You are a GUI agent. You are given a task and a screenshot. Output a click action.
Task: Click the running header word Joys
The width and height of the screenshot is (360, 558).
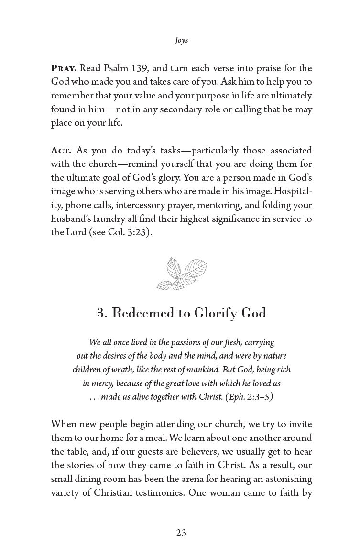[x=181, y=40]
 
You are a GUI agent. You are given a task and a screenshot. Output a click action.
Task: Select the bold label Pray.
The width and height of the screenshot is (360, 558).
[x=64, y=68]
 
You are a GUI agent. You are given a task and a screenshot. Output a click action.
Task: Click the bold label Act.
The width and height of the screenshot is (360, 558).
[x=61, y=151]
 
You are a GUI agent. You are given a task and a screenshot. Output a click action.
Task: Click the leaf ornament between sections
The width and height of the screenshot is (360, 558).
[x=181, y=273]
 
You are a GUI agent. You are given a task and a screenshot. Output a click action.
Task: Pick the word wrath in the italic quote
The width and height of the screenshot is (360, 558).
[x=117, y=370]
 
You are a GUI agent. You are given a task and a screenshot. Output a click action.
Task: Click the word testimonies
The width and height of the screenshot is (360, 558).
[x=156, y=492]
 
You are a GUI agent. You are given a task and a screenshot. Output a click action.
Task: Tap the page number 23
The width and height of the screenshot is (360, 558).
[x=181, y=533]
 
